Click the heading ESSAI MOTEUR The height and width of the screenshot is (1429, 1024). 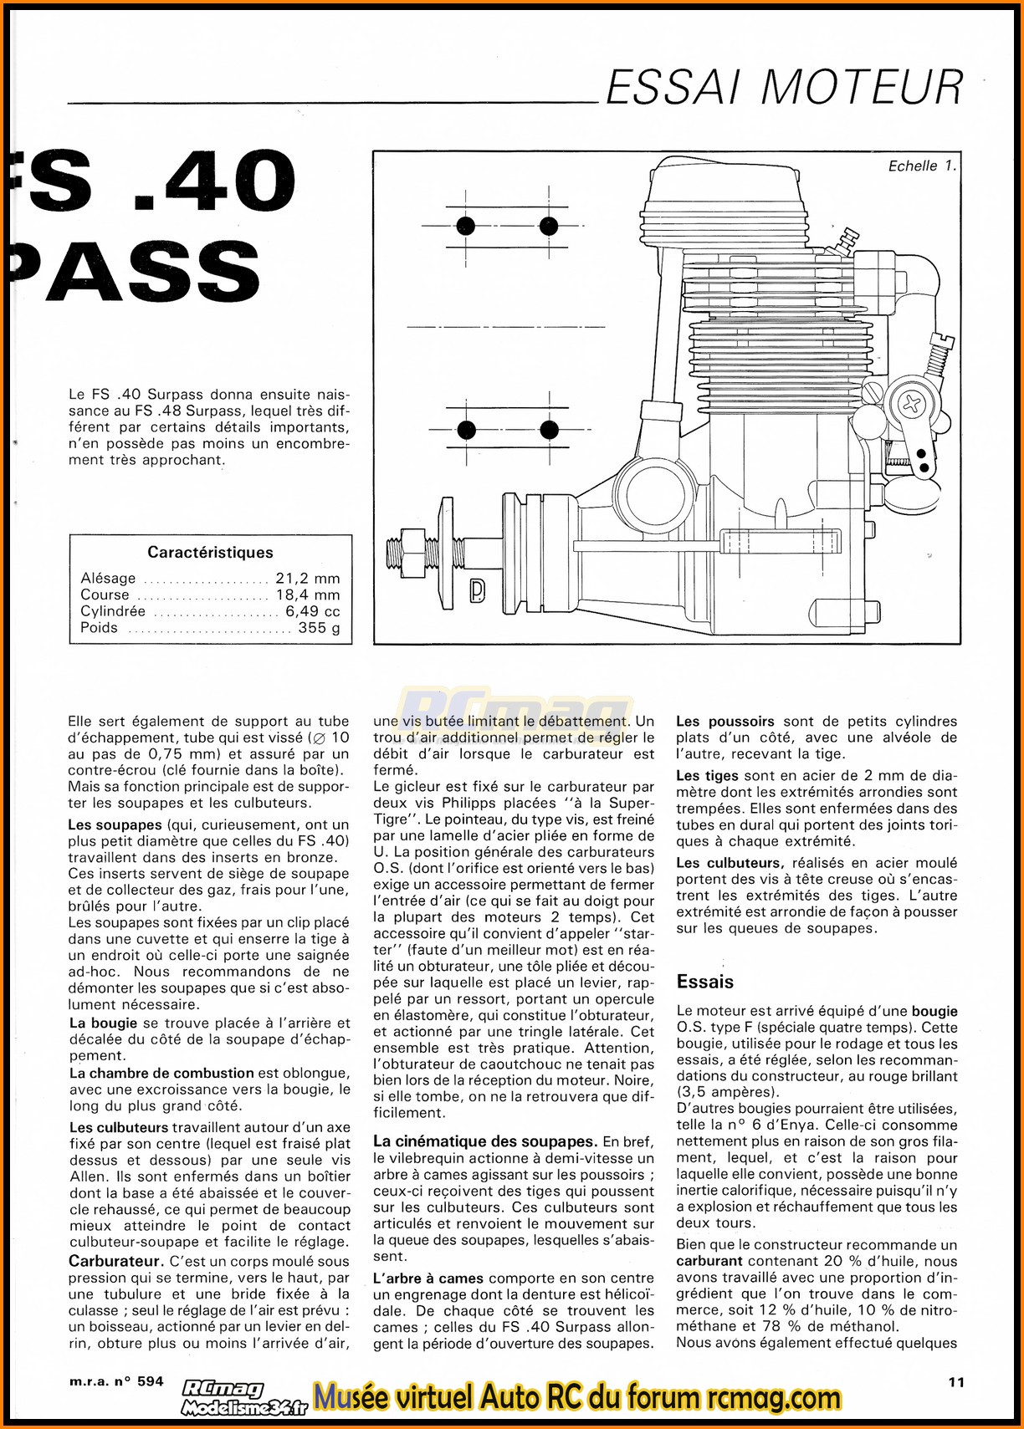[x=784, y=87]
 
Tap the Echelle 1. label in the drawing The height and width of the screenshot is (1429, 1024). [x=921, y=166]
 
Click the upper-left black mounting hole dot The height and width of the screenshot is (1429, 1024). [x=466, y=226]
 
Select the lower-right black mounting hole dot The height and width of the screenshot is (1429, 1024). [x=549, y=430]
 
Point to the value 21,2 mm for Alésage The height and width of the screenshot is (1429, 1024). [x=307, y=578]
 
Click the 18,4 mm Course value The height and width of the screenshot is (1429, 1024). [x=307, y=595]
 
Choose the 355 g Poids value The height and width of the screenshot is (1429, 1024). [x=319, y=628]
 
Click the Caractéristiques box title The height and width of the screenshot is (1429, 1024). [x=210, y=552]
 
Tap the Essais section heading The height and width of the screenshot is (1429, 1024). [x=704, y=982]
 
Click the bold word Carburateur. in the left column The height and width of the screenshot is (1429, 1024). [x=115, y=1261]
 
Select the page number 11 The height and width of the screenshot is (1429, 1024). [x=955, y=1382]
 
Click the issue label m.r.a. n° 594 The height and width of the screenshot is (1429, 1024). [x=116, y=1381]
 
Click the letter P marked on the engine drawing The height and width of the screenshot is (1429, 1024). [x=477, y=590]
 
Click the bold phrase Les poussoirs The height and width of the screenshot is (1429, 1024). [x=724, y=721]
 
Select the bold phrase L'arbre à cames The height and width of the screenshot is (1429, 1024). [x=428, y=1278]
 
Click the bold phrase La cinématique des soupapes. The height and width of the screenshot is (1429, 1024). [x=484, y=1141]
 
